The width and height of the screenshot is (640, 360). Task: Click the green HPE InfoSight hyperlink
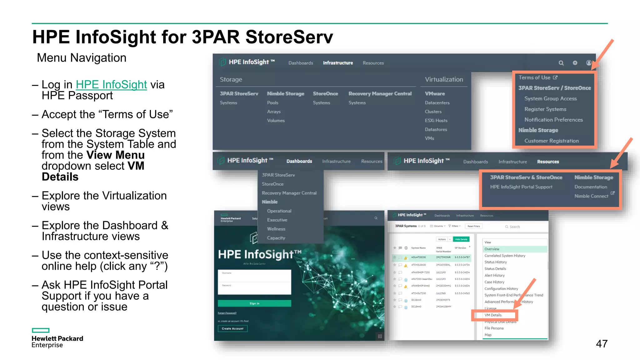(x=111, y=85)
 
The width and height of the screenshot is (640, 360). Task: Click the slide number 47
(x=602, y=344)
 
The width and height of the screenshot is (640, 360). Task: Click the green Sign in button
(x=254, y=303)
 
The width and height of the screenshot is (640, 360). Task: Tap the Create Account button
(x=232, y=329)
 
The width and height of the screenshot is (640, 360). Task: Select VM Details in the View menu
(x=493, y=315)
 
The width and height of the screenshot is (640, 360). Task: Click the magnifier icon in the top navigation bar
(x=561, y=63)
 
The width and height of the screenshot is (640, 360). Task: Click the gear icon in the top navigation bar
(x=575, y=63)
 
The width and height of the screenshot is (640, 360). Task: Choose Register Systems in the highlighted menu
(x=545, y=109)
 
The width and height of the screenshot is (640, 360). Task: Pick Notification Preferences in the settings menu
(x=553, y=120)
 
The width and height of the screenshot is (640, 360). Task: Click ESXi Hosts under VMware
(x=436, y=121)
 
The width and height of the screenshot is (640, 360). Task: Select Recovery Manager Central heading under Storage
(x=380, y=94)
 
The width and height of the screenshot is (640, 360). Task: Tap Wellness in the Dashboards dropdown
(x=276, y=229)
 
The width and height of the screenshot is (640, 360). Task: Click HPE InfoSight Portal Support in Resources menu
(x=521, y=187)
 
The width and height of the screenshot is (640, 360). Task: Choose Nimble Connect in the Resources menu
(x=591, y=196)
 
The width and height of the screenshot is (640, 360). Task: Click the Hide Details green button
(x=461, y=239)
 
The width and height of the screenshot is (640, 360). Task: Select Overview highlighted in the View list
(x=492, y=249)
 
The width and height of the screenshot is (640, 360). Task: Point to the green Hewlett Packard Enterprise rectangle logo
(x=41, y=330)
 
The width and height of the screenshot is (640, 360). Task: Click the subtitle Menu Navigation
(x=82, y=58)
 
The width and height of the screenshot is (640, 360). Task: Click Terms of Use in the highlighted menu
(x=535, y=77)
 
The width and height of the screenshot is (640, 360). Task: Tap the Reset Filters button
(x=474, y=226)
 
